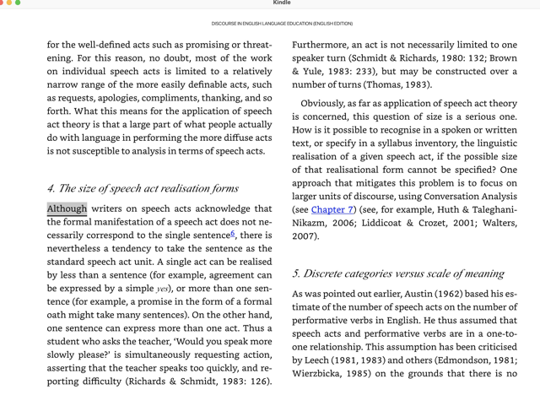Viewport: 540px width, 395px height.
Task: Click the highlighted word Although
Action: tap(67, 208)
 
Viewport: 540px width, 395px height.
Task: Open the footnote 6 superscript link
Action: tap(233, 234)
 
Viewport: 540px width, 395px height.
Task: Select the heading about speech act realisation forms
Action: tap(143, 188)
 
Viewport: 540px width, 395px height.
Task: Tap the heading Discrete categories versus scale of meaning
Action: tap(398, 273)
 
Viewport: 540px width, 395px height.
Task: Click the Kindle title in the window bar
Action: tap(282, 3)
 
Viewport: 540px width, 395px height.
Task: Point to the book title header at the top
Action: tap(282, 24)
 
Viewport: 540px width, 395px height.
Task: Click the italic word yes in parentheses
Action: tap(162, 289)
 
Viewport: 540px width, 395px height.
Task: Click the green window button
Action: tap(18, 3)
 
